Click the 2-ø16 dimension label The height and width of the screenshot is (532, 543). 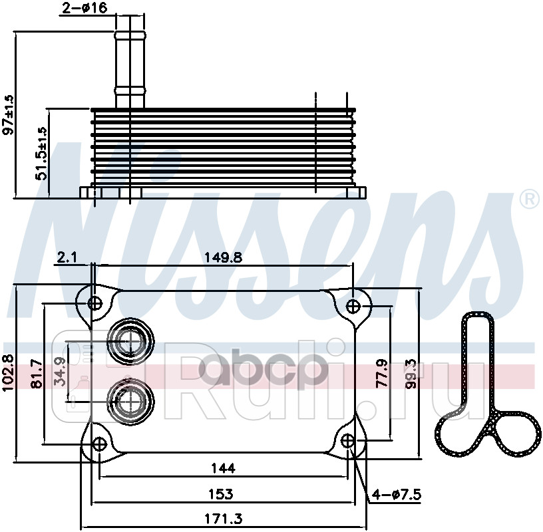[x=85, y=8]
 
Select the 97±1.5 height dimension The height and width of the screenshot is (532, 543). [x=9, y=114]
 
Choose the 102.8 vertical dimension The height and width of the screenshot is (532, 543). [x=8, y=372]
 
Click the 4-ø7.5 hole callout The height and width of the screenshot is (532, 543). [x=399, y=494]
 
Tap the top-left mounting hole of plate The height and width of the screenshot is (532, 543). [x=95, y=304]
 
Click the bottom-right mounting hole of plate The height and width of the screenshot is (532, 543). [x=348, y=442]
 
